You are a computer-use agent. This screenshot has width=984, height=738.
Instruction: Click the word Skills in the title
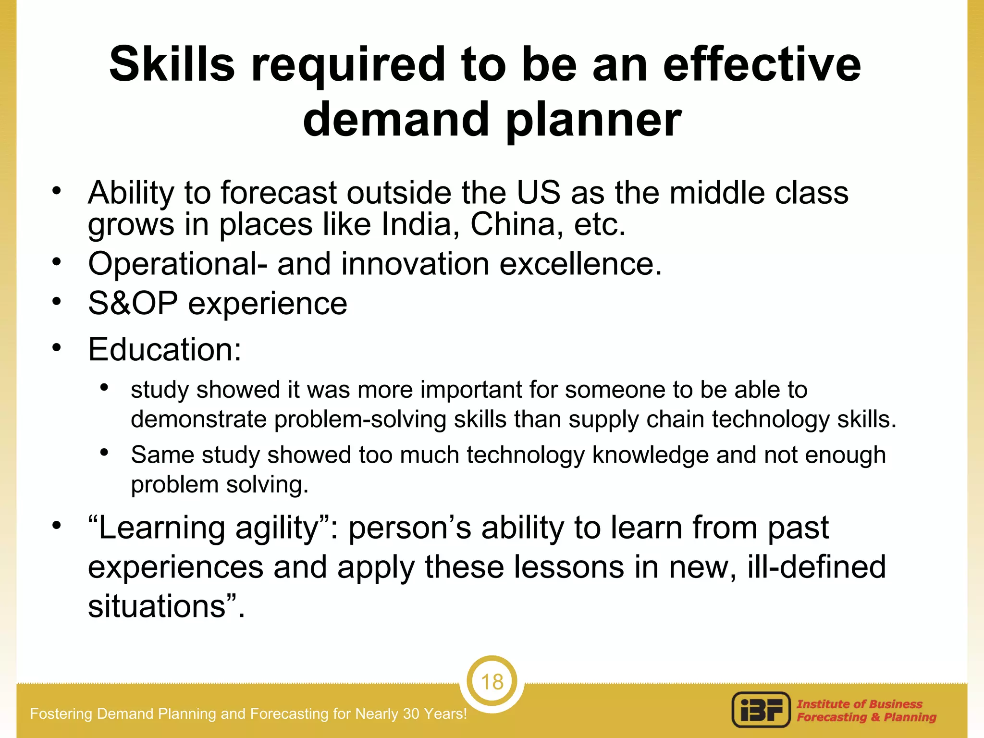coord(172,64)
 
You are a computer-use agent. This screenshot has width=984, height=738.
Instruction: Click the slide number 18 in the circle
coord(492,682)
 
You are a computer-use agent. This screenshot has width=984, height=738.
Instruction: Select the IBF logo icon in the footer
coord(761,710)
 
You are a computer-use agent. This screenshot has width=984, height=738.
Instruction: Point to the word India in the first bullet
coord(416,224)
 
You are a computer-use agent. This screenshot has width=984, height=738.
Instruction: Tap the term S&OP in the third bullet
coord(133,304)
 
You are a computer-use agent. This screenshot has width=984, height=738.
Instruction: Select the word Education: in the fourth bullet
coord(164,349)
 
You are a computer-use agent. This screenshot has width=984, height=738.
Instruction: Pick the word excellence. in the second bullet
coord(580,264)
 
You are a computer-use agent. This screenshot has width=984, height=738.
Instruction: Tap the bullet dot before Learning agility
coord(57,525)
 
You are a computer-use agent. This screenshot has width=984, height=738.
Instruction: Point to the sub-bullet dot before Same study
coord(104,452)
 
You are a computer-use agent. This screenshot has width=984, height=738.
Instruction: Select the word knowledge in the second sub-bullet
coord(650,455)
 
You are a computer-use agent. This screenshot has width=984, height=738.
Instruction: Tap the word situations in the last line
coord(156,606)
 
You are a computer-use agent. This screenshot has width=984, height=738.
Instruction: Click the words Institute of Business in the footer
coord(859,704)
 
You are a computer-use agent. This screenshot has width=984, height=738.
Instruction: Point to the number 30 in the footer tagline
coord(411,713)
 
